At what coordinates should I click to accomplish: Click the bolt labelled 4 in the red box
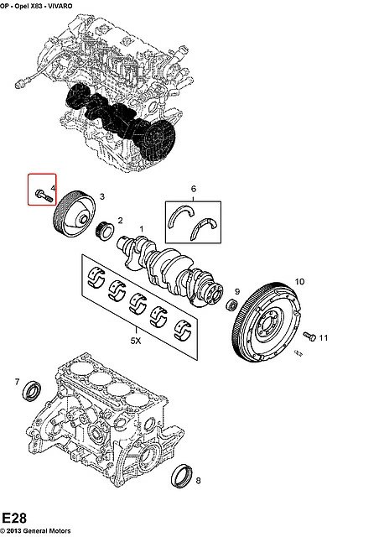point(43,196)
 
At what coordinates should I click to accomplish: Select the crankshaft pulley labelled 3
point(75,213)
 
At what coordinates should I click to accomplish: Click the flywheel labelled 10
point(267,321)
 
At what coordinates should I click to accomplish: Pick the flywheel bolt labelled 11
point(309,336)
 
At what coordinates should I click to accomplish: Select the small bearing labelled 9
point(232,304)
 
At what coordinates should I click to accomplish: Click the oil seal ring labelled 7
point(32,388)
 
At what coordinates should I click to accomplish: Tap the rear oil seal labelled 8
point(181,476)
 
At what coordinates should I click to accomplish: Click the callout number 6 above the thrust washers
point(194,189)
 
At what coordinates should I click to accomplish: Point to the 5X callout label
point(136,341)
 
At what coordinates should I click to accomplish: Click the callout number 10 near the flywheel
point(299,282)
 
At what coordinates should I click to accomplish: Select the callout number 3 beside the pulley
point(102,196)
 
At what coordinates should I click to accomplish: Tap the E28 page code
point(14,519)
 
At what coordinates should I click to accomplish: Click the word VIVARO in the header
point(60,6)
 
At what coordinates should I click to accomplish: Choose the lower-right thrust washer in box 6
point(204,227)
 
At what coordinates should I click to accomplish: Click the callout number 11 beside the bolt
point(323,338)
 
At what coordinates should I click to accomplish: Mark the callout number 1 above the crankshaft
point(141,229)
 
